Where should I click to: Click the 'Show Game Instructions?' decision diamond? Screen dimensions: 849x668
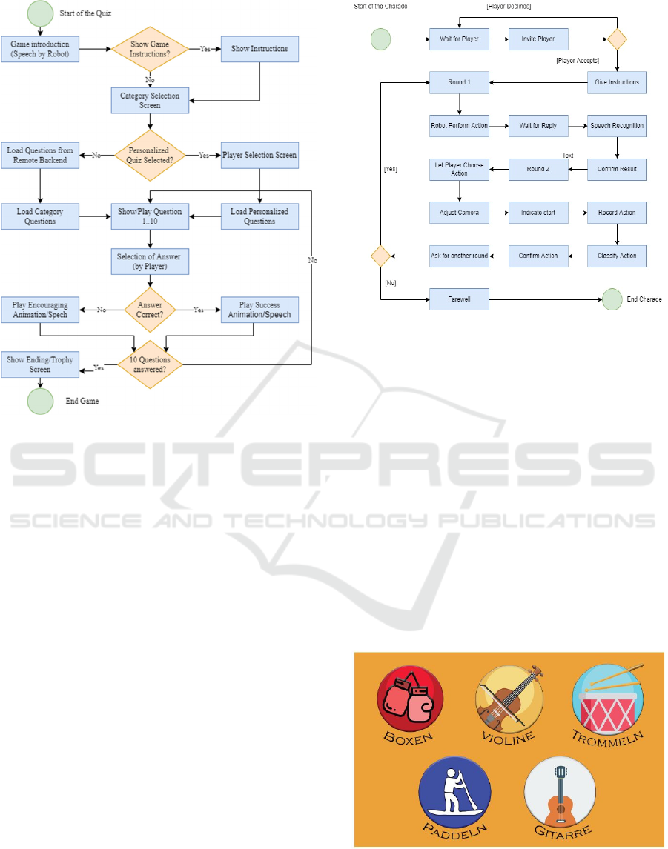point(150,50)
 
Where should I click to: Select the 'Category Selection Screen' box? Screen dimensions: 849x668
point(150,100)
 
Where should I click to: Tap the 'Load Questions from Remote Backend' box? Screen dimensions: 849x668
point(39,155)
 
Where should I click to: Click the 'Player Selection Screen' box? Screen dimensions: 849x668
point(259,155)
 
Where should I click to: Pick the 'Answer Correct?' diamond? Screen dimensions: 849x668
point(150,310)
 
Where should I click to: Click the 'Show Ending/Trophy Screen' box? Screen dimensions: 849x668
point(39,364)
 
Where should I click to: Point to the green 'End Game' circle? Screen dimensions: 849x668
point(40,401)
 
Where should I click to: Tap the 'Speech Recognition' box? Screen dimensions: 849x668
point(617,126)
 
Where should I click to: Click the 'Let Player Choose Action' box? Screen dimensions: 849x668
point(459,169)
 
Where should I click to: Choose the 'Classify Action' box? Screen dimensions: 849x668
point(617,256)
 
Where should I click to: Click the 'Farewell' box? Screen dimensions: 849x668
point(459,299)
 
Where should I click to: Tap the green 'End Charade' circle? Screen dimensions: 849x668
point(612,299)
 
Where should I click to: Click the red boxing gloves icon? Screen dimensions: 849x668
point(410,699)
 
